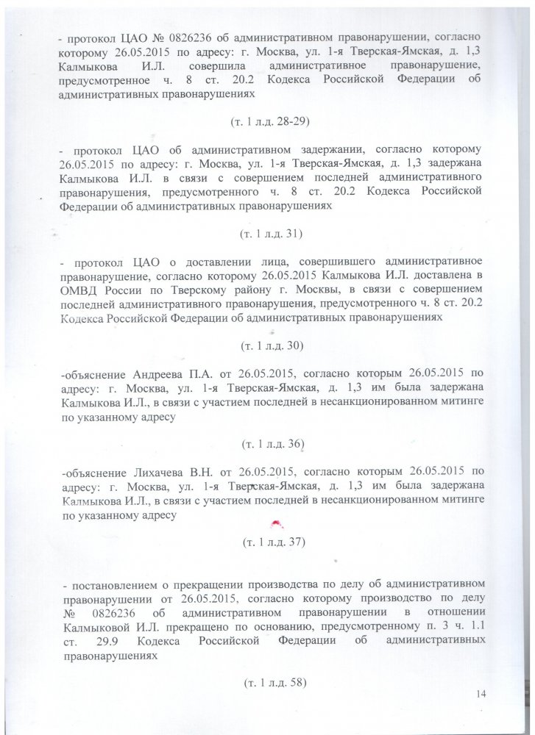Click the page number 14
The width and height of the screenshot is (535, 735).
(x=482, y=695)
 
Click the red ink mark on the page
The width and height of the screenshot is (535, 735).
(x=277, y=523)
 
